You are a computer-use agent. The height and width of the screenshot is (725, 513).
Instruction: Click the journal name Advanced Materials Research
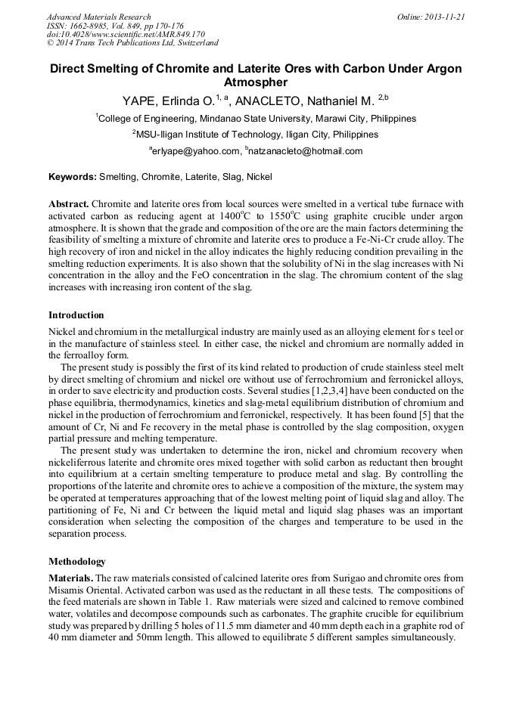[98, 17]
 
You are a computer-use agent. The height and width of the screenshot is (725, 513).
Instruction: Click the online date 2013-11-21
[444, 17]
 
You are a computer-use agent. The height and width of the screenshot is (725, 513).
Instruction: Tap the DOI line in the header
[126, 34]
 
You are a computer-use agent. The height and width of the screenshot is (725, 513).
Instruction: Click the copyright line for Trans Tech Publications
[132, 43]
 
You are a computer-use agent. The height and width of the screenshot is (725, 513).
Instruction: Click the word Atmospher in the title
[256, 82]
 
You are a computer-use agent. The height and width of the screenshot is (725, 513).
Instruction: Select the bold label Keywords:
[73, 177]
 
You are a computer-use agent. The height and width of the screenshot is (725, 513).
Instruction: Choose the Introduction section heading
[76, 314]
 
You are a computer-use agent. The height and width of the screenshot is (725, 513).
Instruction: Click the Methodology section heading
[77, 562]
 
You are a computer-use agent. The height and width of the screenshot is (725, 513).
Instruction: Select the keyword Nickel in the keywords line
[260, 177]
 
